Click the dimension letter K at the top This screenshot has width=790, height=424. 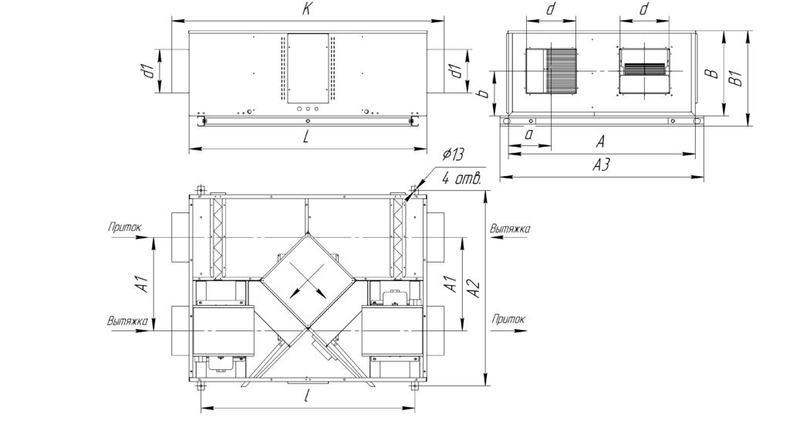(306, 9)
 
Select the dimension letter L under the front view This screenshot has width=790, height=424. (306, 137)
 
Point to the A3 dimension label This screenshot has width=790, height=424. (601, 165)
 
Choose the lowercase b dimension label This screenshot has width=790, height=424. (483, 93)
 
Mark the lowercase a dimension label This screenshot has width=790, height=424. (529, 134)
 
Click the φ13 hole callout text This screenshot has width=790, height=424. (453, 154)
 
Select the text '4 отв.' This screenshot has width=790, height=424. (462, 178)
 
